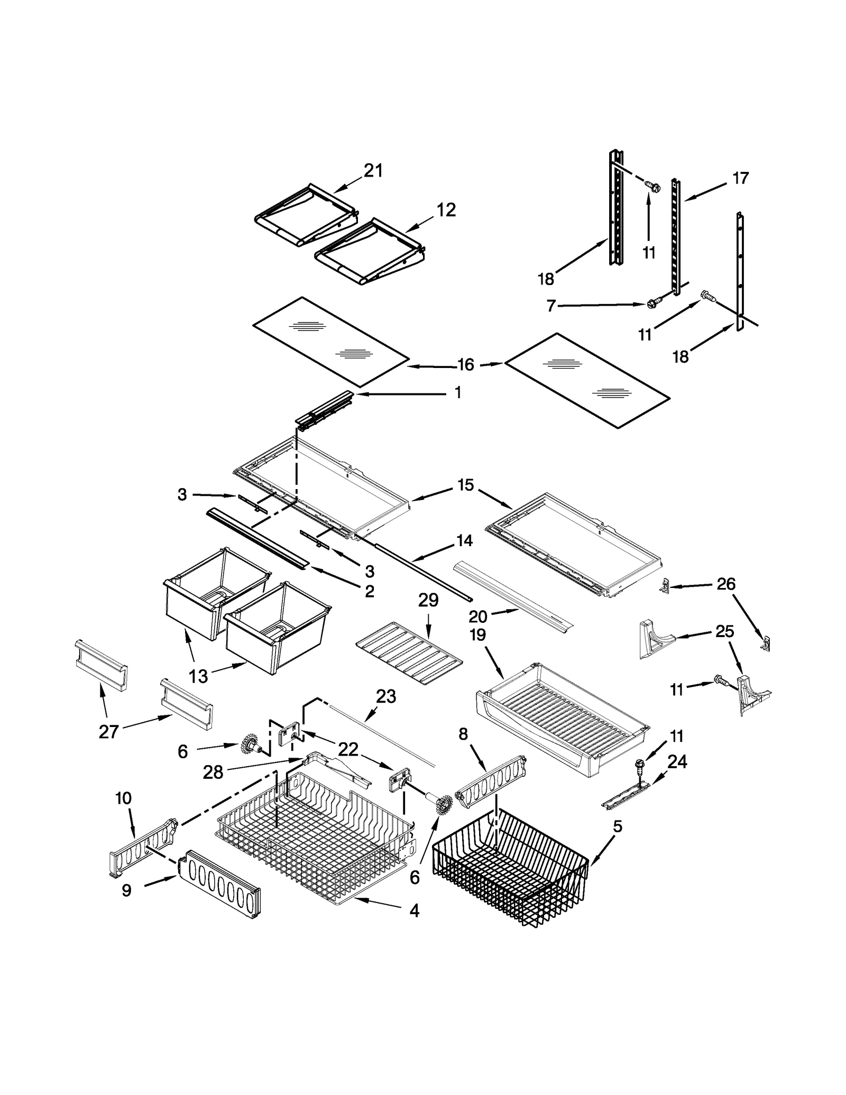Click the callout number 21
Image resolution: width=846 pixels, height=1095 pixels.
[373, 170]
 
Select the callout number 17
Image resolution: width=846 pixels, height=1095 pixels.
[740, 178]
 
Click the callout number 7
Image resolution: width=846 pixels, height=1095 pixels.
[551, 306]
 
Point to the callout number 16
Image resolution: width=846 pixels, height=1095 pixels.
[465, 364]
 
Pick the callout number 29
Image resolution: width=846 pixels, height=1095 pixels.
[428, 600]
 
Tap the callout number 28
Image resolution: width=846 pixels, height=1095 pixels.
[213, 772]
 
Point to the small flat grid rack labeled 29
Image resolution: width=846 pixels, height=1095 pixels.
[408, 653]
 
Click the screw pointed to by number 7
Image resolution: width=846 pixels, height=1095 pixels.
[653, 303]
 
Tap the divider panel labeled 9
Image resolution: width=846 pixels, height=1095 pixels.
[219, 884]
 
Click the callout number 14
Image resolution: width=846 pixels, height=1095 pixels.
[464, 540]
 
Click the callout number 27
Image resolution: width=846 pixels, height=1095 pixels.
[108, 732]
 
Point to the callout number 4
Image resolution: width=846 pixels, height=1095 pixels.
[414, 910]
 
